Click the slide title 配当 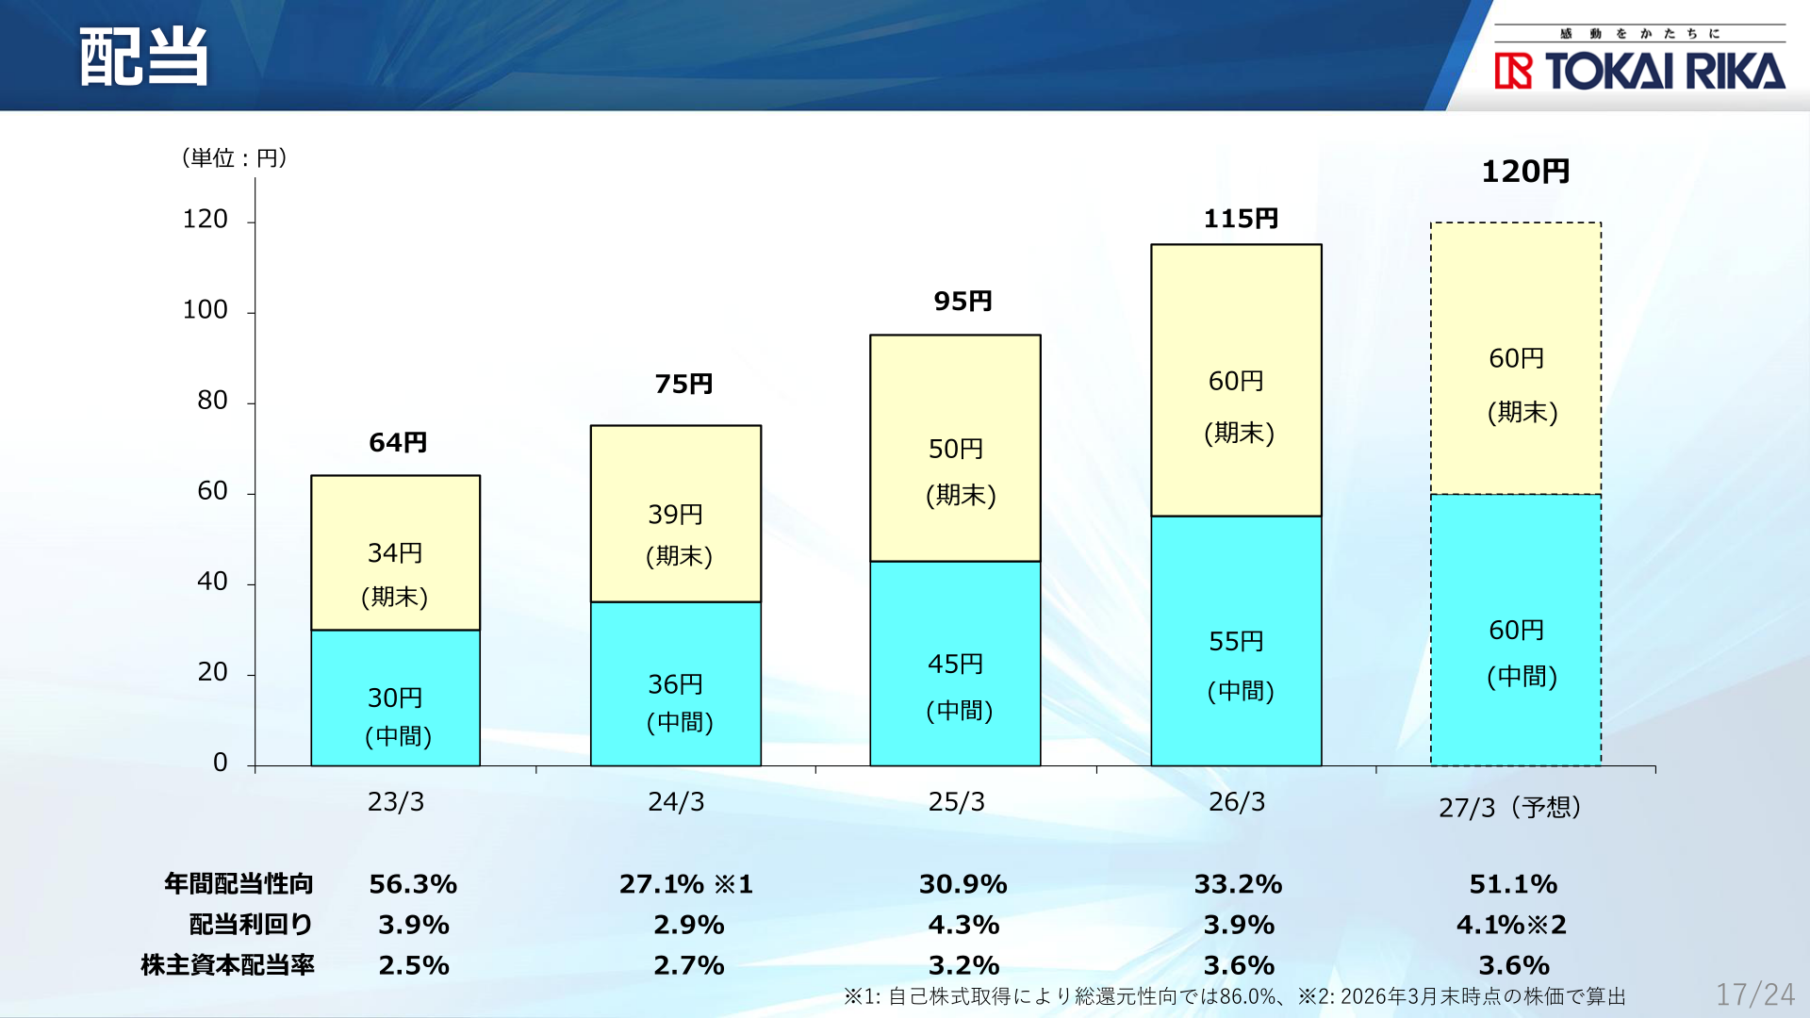(x=143, y=57)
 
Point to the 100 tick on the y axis (x=205, y=310)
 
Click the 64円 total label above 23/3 (x=398, y=442)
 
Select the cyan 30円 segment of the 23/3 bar (x=396, y=698)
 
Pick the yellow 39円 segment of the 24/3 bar (x=676, y=514)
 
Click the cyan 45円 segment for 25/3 (x=955, y=664)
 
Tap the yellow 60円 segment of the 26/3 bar (x=1236, y=381)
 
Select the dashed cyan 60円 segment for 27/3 (x=1516, y=630)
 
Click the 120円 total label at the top (x=1525, y=172)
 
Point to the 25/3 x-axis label (x=956, y=802)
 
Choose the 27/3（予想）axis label (x=1509, y=808)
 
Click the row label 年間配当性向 (x=239, y=884)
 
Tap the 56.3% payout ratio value (x=413, y=884)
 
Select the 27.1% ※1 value (x=686, y=884)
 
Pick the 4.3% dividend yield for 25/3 (x=963, y=925)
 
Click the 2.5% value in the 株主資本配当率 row (x=414, y=965)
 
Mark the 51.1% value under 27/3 (x=1513, y=884)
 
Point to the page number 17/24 (x=1755, y=994)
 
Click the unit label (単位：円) (x=235, y=157)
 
